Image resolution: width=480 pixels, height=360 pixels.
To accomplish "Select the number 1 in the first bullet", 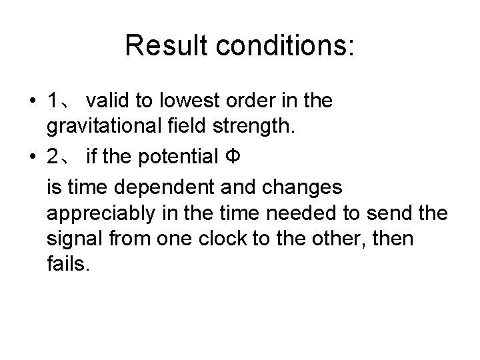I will (53, 101).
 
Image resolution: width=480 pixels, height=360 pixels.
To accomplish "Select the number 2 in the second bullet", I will (53, 157).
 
